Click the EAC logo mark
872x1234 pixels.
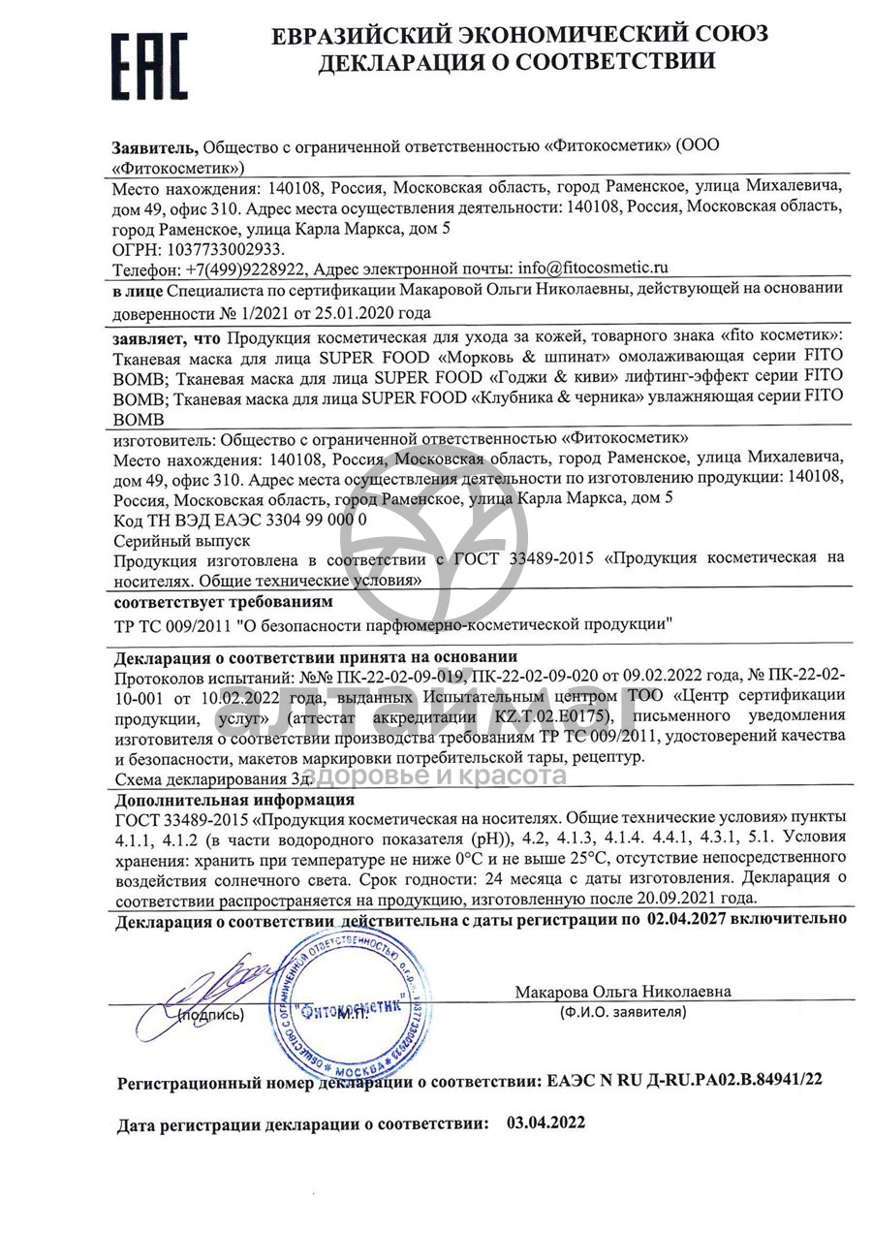[148, 65]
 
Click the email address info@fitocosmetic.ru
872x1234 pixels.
[594, 268]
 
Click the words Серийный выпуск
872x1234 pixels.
[182, 540]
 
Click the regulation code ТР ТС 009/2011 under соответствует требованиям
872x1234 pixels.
[171, 624]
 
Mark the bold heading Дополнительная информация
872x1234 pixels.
[234, 801]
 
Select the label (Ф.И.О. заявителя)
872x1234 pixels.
[623, 1011]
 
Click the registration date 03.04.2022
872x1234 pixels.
[546, 1123]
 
